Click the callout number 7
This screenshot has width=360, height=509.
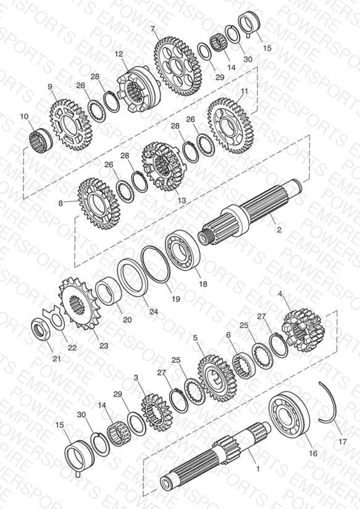pyautogui.click(x=153, y=29)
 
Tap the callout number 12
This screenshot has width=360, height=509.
pyautogui.click(x=119, y=54)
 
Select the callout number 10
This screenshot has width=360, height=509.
pyautogui.click(x=24, y=116)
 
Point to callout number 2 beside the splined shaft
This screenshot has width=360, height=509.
pyautogui.click(x=279, y=230)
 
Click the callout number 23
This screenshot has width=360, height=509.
pyautogui.click(x=104, y=346)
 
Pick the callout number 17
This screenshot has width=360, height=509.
pyautogui.click(x=343, y=442)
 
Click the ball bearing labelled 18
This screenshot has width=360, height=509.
pyautogui.click(x=182, y=249)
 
